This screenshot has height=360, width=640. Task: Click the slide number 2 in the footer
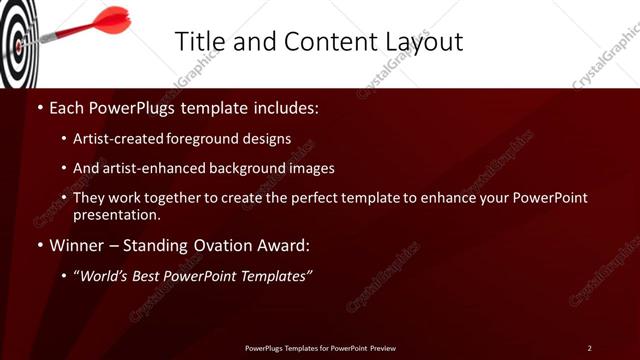(589, 348)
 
